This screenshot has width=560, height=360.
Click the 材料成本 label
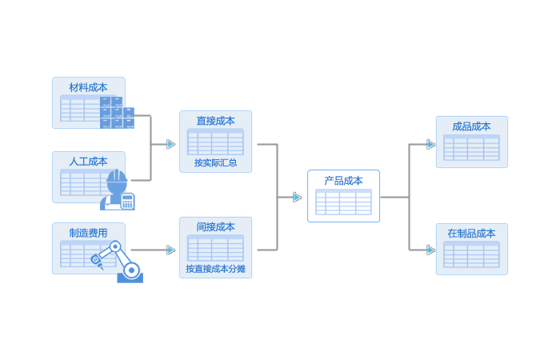pos(88,87)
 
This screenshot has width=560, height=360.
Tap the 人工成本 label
pos(88,161)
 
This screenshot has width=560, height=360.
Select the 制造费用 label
pos(88,233)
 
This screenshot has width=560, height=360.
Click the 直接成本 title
pos(215,121)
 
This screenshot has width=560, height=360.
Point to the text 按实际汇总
pos(215,162)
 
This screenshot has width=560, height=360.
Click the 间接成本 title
pos(215,227)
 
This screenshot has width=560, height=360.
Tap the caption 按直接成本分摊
pos(215,269)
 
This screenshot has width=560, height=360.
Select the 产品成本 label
pos(343,181)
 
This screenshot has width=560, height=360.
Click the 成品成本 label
pos(471,126)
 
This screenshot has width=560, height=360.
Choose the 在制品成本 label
pos(471,234)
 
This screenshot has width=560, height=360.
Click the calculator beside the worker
pos(127,200)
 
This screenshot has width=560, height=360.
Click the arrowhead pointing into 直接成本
pos(170,144)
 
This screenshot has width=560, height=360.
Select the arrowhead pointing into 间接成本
pos(170,250)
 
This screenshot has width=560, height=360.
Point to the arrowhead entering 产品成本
pos(298,197)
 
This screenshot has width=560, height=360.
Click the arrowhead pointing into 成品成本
pos(430,145)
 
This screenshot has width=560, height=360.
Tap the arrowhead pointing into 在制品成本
pos(430,250)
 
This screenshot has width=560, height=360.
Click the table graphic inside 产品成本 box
pos(343,202)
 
